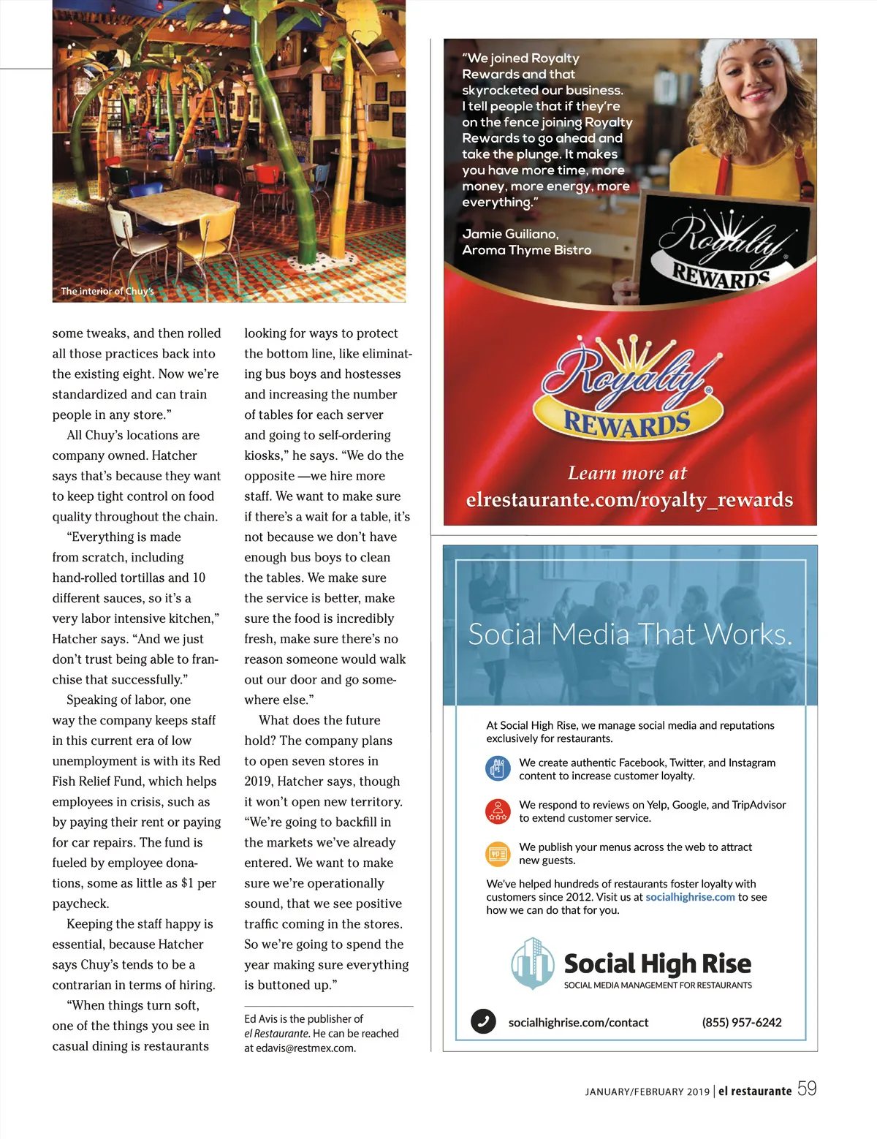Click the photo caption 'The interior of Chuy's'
click(x=107, y=291)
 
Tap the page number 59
click(x=807, y=1089)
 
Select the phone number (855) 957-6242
click(x=742, y=1022)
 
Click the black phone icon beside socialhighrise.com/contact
click(x=482, y=1021)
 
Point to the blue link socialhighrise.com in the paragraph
click(x=690, y=897)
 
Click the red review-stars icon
click(x=498, y=811)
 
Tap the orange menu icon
click(x=498, y=853)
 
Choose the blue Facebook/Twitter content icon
click(x=498, y=768)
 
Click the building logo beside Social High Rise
click(x=532, y=964)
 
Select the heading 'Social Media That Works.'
click(x=630, y=634)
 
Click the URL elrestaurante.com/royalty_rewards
click(x=629, y=500)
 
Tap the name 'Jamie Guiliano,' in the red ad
click(x=510, y=234)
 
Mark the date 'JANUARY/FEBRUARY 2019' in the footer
click(x=647, y=1091)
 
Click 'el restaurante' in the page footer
click(x=754, y=1091)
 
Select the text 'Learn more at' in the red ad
click(x=627, y=473)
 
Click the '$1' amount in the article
click(x=187, y=883)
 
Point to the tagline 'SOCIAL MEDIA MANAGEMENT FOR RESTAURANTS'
click(x=658, y=985)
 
